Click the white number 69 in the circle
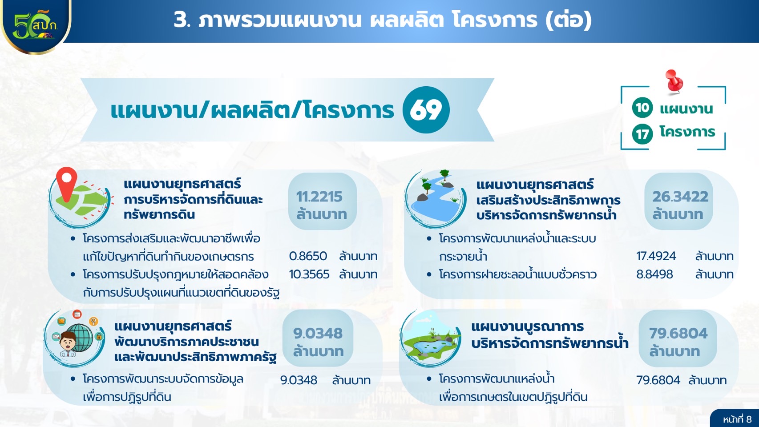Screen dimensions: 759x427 (426, 110)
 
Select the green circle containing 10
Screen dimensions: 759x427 (642, 108)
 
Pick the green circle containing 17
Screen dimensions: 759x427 (642, 134)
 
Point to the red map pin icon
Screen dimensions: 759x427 (67, 184)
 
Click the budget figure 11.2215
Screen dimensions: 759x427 (319, 197)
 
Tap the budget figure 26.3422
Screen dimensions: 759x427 (680, 197)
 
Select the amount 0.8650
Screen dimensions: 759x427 (308, 256)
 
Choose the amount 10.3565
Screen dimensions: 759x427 (309, 274)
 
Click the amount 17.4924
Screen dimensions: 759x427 (656, 256)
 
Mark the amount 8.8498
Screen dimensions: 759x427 (654, 274)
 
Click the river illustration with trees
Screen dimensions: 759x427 (435, 199)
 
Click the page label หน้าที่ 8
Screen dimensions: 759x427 (737, 419)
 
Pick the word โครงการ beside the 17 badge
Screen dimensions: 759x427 (687, 132)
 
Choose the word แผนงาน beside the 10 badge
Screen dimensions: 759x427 (686, 109)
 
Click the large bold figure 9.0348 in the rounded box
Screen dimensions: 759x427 (318, 334)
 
